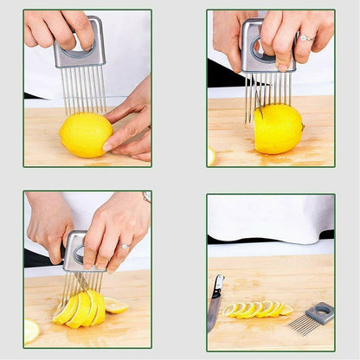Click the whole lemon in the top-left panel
click(x=85, y=135)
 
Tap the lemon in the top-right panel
click(x=278, y=128)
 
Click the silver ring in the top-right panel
click(x=306, y=37)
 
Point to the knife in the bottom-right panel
click(x=214, y=303)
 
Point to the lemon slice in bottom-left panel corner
click(x=31, y=330)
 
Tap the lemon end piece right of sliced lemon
click(x=115, y=305)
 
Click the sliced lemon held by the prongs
click(x=80, y=307)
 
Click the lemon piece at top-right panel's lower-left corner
click(x=211, y=156)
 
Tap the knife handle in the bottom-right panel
click(x=217, y=286)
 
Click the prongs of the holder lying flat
click(x=303, y=326)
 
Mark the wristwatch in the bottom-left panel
click(x=147, y=197)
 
